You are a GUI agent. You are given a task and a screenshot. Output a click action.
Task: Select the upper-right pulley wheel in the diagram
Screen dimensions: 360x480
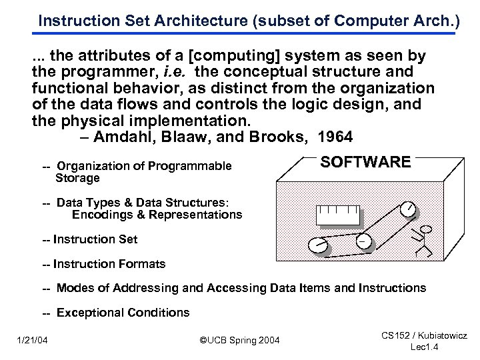409,209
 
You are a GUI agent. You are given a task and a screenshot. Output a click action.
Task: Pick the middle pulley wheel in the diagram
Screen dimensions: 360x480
365,240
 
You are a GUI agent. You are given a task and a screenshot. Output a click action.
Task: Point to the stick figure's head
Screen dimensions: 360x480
427,230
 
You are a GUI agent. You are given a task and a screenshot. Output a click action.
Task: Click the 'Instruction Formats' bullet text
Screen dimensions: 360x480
109,264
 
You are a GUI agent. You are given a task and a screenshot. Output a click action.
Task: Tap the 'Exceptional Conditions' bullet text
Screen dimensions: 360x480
123,313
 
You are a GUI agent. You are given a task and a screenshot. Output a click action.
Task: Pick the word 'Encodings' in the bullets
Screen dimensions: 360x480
99,215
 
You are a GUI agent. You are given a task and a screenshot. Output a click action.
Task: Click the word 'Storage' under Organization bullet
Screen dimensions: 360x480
77,178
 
